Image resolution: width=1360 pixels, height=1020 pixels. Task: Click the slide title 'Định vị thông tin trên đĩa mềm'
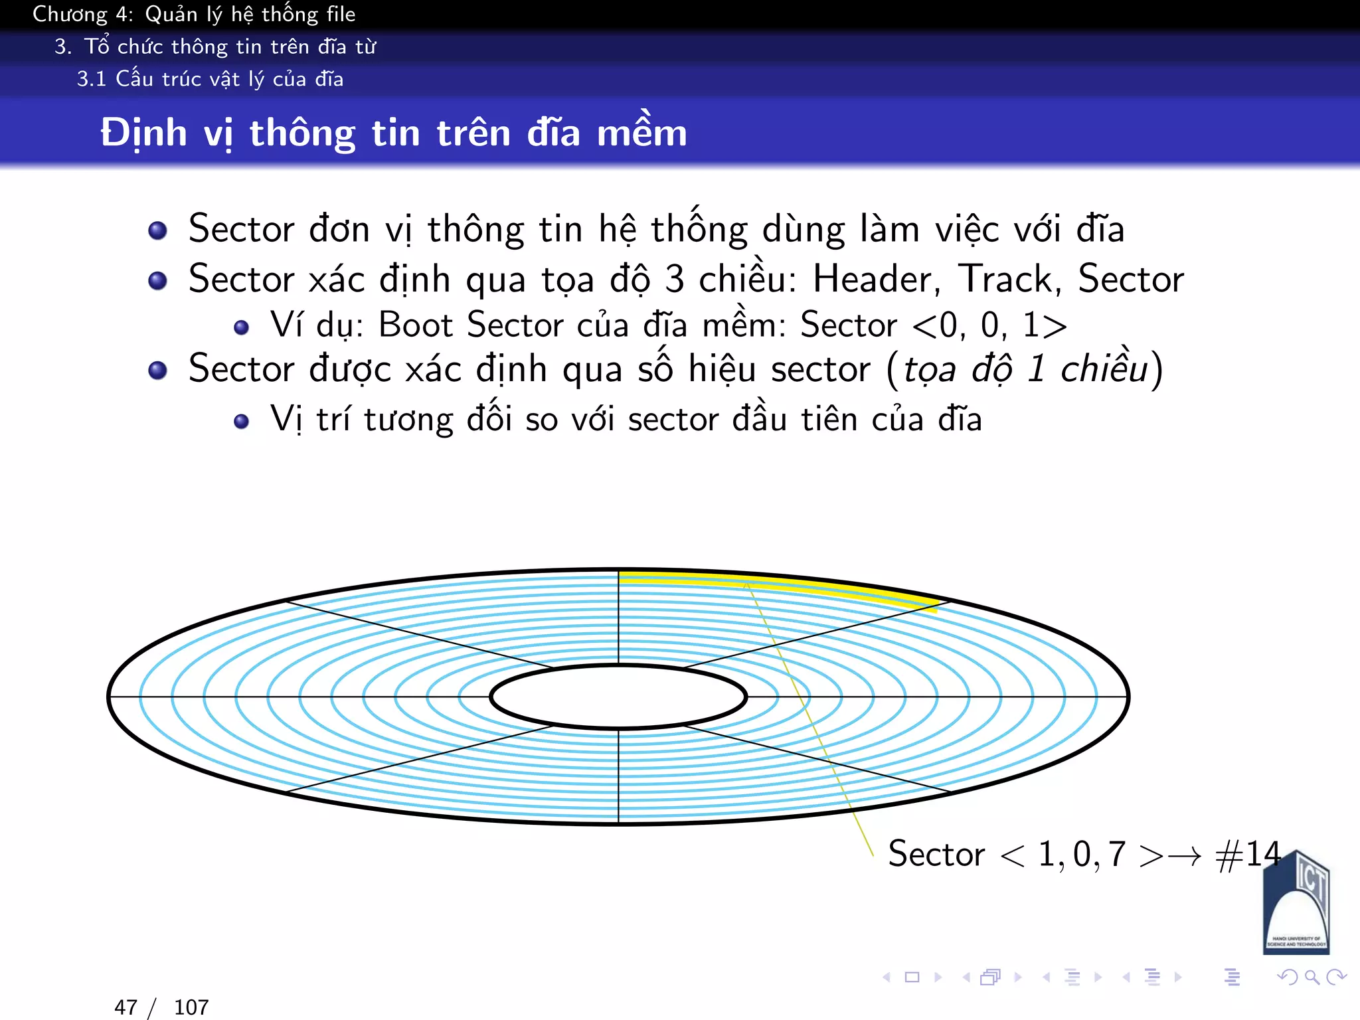click(394, 133)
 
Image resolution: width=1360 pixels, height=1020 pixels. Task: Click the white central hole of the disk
click(618, 697)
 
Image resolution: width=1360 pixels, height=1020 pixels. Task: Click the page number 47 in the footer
click(126, 1007)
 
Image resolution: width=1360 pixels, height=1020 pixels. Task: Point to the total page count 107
click(191, 1007)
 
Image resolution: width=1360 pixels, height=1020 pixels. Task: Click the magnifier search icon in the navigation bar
click(1312, 977)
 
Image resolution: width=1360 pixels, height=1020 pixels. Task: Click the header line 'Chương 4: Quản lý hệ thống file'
click(194, 14)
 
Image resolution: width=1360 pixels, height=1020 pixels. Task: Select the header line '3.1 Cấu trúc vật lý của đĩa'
click(210, 79)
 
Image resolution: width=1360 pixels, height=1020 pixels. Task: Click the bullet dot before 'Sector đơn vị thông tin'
click(157, 230)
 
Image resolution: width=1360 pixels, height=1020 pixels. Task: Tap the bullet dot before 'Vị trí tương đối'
click(242, 421)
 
